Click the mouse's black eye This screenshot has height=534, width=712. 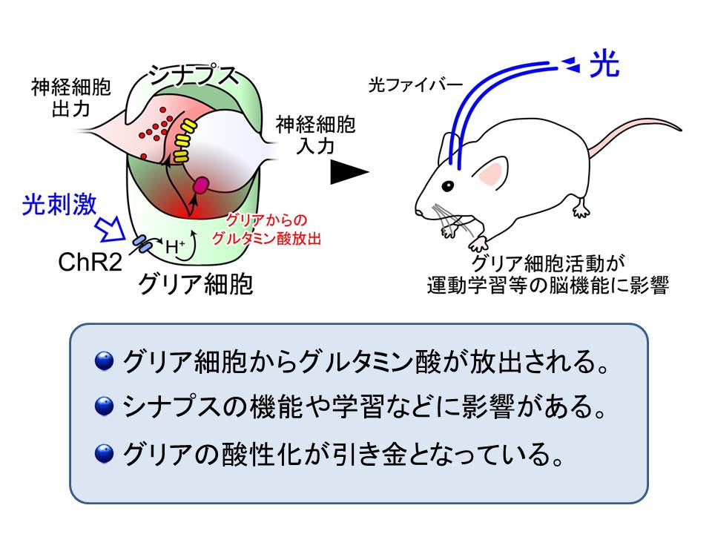click(x=448, y=185)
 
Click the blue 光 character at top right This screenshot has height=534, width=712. click(x=604, y=64)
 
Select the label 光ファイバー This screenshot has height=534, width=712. click(x=415, y=85)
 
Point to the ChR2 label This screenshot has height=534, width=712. click(x=90, y=262)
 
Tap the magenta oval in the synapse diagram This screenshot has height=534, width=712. click(x=201, y=185)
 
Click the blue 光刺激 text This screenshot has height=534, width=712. click(x=59, y=205)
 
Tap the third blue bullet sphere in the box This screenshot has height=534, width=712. click(x=104, y=454)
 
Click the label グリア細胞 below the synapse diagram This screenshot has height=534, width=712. click(x=196, y=284)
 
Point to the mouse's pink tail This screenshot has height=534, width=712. click(x=636, y=133)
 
